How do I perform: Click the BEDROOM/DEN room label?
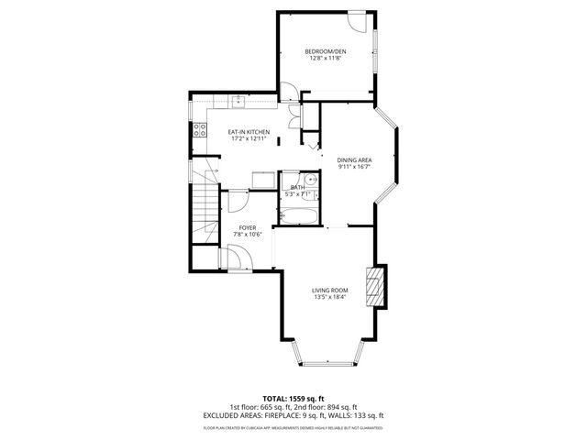click(x=326, y=50)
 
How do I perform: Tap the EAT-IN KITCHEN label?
click(x=248, y=132)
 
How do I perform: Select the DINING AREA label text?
click(x=354, y=159)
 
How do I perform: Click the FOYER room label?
click(x=248, y=226)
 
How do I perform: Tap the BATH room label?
click(x=297, y=187)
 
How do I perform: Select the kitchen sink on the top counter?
click(x=237, y=101)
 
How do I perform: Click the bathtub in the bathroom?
click(x=299, y=216)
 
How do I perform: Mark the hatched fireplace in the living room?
click(x=372, y=286)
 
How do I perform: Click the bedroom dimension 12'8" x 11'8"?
click(x=326, y=58)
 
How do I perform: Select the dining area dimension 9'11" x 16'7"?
click(x=354, y=167)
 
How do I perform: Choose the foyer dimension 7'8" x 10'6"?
click(x=248, y=234)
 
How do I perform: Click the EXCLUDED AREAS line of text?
click(x=293, y=415)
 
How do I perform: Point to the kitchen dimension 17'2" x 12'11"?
click(x=248, y=139)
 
